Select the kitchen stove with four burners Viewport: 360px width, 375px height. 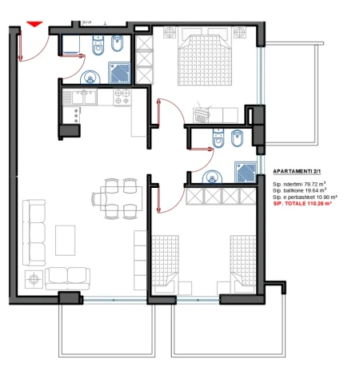[122, 98]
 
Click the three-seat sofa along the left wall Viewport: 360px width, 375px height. [34, 232]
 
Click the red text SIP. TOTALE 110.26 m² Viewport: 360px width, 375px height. [302, 205]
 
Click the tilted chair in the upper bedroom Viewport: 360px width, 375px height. [203, 116]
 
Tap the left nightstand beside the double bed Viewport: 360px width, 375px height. [170, 33]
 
